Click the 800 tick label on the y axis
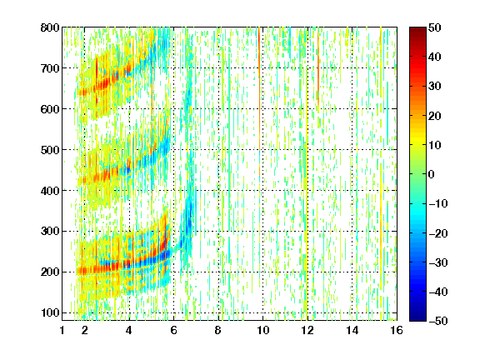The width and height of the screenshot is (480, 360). coord(50,27)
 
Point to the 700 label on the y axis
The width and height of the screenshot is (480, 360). coord(50,68)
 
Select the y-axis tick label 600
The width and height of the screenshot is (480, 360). coord(50,109)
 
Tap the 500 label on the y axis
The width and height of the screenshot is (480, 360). coord(50,150)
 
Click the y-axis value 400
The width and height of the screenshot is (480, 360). coord(50,191)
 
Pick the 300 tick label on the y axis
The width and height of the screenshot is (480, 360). coord(50,232)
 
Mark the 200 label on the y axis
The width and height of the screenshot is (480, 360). coord(50,272)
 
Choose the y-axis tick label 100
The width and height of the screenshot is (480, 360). coord(50,312)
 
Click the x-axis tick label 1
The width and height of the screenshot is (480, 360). coord(62,330)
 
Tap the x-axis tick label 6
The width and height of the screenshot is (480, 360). coord(174,330)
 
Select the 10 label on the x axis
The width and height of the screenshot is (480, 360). coord(263,330)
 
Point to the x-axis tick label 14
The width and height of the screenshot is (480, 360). coord(352,330)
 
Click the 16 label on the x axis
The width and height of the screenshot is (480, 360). coord(397,330)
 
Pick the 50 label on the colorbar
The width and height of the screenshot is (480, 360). coord(435,27)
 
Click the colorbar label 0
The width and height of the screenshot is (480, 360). coord(432,174)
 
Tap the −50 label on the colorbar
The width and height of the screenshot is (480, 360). coord(438,321)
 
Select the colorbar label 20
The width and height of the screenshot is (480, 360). coord(435,116)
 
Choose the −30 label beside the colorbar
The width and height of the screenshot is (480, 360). coord(438,262)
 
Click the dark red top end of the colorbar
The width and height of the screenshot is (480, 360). coord(417,29)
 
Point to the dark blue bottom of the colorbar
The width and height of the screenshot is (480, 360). coord(417,318)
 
